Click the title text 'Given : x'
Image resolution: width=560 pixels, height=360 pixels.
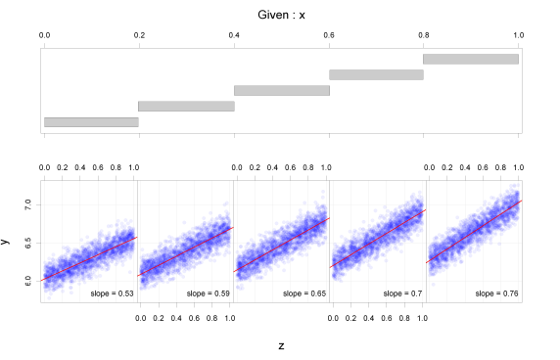coord(280,16)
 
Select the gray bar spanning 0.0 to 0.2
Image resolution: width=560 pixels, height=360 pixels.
coord(91,122)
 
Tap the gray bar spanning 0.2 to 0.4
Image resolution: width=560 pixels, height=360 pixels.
coord(186,106)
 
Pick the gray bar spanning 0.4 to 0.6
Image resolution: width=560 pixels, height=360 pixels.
coord(282,90)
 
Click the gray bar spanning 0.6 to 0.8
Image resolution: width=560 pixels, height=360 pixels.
coord(376,74)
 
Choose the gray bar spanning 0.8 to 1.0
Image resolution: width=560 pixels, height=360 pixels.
coord(471,59)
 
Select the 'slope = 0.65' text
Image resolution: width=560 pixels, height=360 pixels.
coord(302,292)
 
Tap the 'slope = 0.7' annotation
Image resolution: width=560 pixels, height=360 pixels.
coord(399,292)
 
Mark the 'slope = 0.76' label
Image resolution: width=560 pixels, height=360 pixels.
coord(496,292)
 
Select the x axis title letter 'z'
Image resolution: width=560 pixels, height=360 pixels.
coord(281,344)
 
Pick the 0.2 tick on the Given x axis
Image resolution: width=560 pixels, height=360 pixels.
coord(139,35)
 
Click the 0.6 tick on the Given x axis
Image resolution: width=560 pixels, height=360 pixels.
coord(329,35)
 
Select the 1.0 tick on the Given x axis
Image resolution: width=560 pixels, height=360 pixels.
coord(518,35)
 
